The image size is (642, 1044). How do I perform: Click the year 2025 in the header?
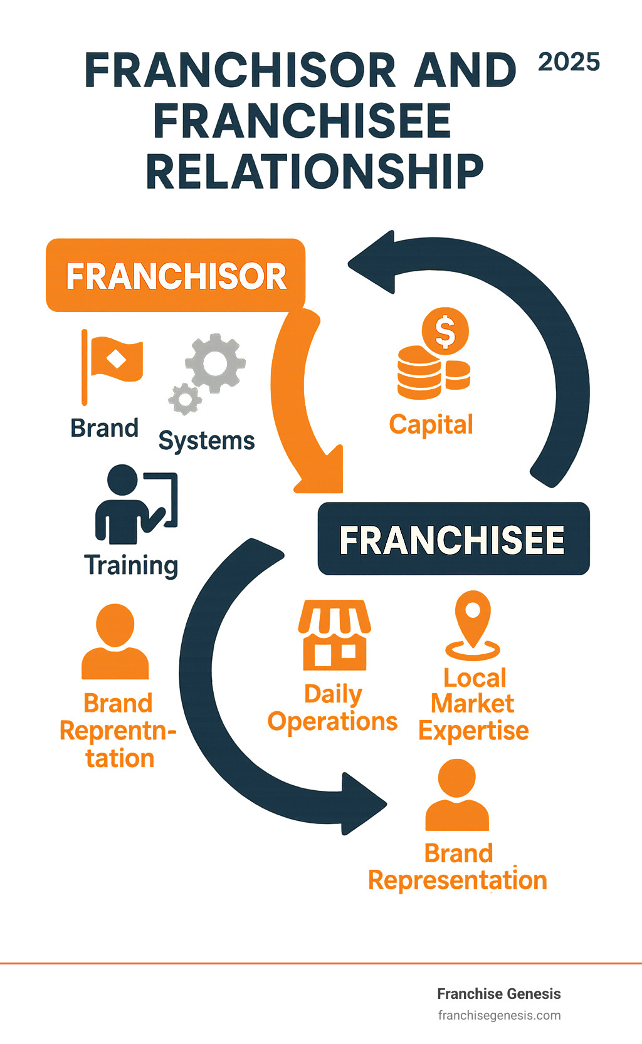(x=569, y=62)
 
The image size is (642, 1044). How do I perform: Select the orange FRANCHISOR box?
(x=176, y=276)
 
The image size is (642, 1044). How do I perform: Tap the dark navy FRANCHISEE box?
(x=453, y=539)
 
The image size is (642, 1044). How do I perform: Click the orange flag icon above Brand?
(x=113, y=360)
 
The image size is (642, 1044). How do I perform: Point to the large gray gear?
(x=215, y=363)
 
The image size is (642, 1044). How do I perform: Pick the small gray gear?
(x=184, y=399)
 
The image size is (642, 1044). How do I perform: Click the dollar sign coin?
(x=445, y=331)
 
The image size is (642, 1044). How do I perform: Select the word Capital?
(x=431, y=424)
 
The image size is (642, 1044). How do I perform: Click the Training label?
(x=131, y=565)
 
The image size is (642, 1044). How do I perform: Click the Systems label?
(x=206, y=441)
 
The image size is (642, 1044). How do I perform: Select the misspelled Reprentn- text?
(x=118, y=731)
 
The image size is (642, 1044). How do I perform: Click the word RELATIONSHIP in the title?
(x=315, y=172)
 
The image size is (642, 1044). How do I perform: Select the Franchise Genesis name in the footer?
(x=498, y=994)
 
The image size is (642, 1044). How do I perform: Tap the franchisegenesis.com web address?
(x=499, y=1015)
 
